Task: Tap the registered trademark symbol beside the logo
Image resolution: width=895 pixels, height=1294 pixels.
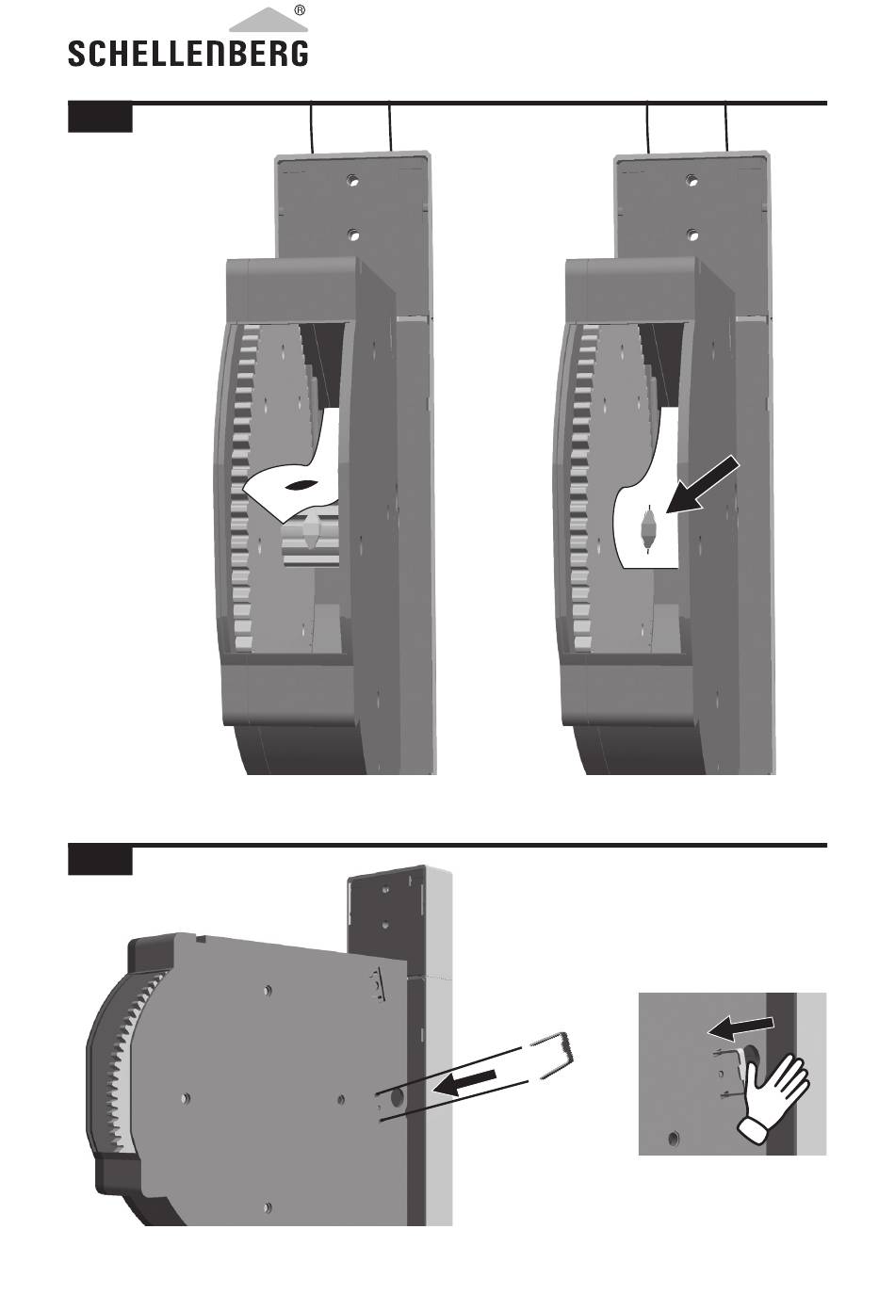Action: click(x=300, y=9)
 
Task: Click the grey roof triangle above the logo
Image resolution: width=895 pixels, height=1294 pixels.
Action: click(x=268, y=20)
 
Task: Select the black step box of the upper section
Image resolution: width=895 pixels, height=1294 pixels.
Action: click(x=100, y=118)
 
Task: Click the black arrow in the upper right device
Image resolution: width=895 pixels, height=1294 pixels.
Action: click(x=702, y=483)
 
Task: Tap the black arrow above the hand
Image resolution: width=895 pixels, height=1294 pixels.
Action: click(x=740, y=1026)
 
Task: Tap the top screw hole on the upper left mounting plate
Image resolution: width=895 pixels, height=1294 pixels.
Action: click(x=353, y=182)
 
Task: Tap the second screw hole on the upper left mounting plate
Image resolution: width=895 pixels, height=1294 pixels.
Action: click(x=353, y=235)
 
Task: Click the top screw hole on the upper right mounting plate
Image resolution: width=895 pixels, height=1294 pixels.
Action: click(x=692, y=182)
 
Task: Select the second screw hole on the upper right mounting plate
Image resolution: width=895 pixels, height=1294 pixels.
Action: click(x=692, y=235)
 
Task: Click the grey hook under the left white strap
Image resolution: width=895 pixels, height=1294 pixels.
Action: click(x=311, y=528)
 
